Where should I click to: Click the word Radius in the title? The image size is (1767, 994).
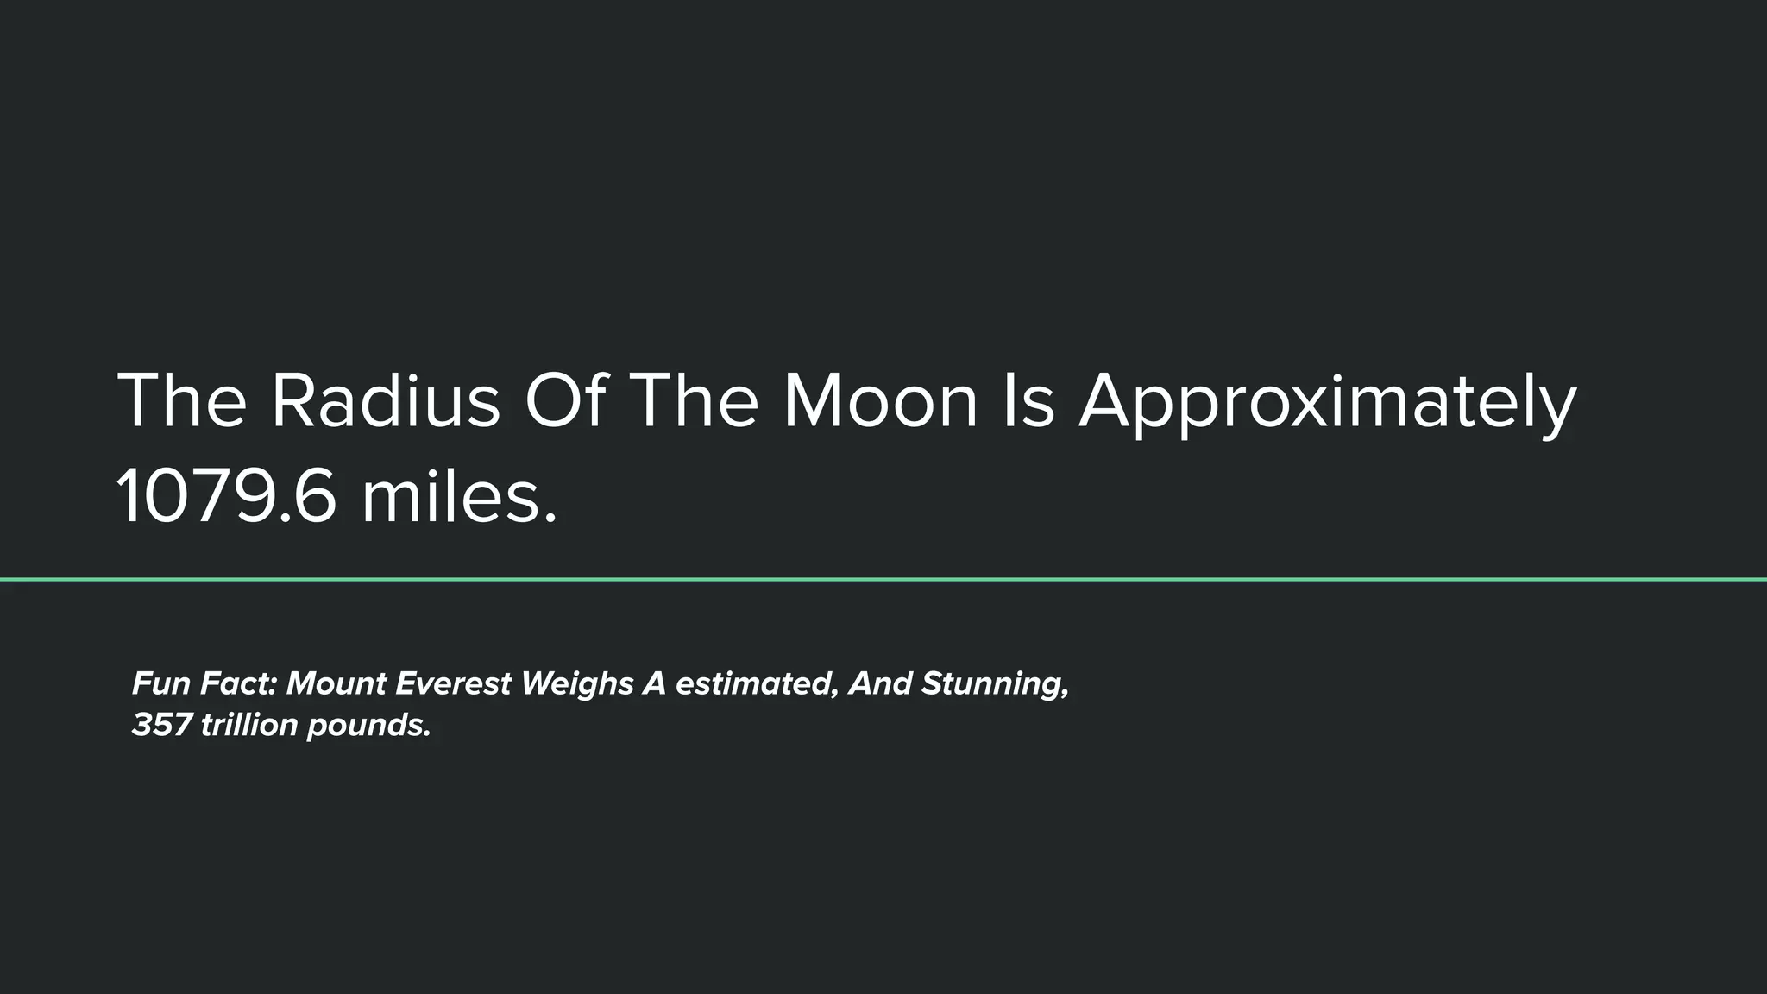pyautogui.click(x=385, y=401)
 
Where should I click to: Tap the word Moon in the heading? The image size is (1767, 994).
pyautogui.click(x=880, y=401)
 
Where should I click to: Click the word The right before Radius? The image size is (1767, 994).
pyautogui.click(x=181, y=401)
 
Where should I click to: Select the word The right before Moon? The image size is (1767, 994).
pyautogui.click(x=695, y=401)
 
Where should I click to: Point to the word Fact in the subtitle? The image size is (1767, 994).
pyautogui.click(x=238, y=683)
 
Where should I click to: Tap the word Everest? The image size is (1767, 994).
pyautogui.click(x=453, y=683)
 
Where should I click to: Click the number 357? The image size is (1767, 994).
pyautogui.click(x=161, y=725)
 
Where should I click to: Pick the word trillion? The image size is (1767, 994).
pyautogui.click(x=249, y=725)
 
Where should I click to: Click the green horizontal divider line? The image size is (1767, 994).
pyautogui.click(x=883, y=580)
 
